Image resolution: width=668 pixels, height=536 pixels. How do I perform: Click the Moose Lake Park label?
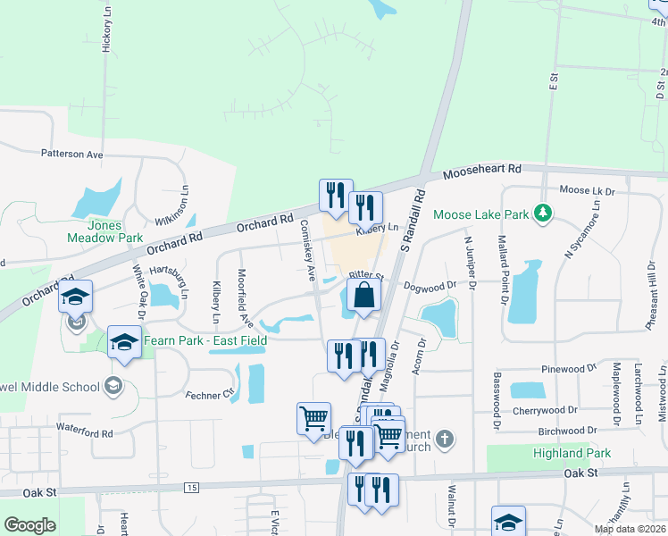tap(480, 214)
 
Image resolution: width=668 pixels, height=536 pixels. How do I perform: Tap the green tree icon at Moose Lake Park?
tap(541, 213)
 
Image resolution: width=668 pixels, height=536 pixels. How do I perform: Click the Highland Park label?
tap(572, 453)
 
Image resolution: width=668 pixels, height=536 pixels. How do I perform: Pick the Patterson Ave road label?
tap(71, 154)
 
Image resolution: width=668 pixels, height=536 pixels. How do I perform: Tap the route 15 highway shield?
tap(192, 487)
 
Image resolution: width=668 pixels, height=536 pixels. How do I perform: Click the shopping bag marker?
tap(363, 295)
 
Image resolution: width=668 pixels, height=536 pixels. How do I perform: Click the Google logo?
tap(29, 525)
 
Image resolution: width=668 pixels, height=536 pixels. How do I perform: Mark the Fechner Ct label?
tap(209, 394)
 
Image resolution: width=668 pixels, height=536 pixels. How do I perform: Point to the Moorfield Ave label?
tap(241, 297)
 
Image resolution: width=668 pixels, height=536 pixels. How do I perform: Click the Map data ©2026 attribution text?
tap(629, 529)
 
